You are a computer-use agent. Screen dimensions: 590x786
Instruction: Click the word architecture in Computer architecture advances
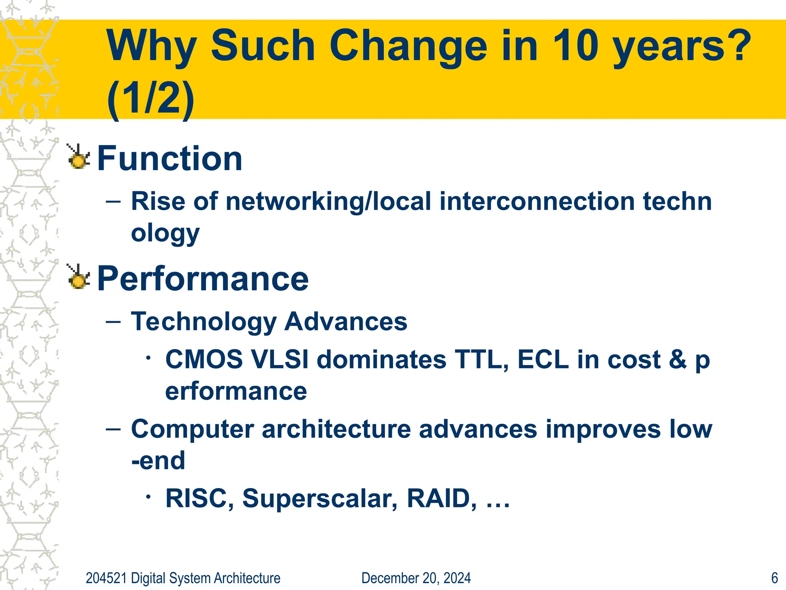[x=336, y=429]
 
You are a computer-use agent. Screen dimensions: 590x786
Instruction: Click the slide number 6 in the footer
[x=774, y=578]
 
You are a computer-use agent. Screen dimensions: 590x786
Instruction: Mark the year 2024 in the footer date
[x=457, y=578]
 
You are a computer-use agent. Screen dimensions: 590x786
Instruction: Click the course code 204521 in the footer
[x=106, y=578]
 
